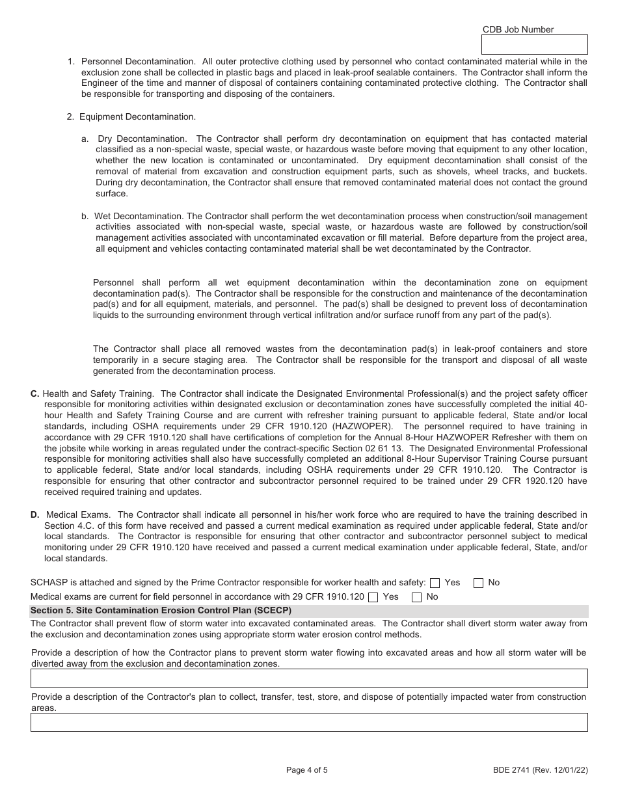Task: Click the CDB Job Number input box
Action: [533, 44]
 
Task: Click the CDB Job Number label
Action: [518, 29]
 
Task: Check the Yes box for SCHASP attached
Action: [435, 583]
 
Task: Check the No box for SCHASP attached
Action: [478, 583]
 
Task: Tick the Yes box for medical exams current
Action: [373, 597]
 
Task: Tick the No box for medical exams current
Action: [417, 597]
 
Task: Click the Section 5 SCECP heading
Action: [161, 611]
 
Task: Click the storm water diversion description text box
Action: [309, 678]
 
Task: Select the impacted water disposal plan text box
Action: [309, 722]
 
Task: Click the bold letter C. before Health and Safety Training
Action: [35, 393]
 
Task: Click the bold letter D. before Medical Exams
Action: [35, 514]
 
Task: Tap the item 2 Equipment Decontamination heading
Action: [137, 116]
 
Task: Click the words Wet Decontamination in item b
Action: [139, 216]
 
